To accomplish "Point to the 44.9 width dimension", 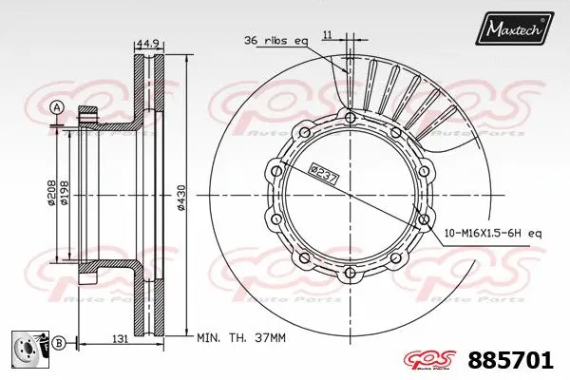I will click(146, 43).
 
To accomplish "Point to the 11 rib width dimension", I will click(327, 34).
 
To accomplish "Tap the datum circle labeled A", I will click(57, 108).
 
